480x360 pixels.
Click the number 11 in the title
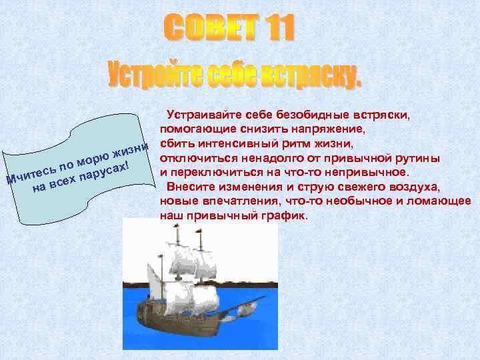[271, 29]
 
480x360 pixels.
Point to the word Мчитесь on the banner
[31, 171]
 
